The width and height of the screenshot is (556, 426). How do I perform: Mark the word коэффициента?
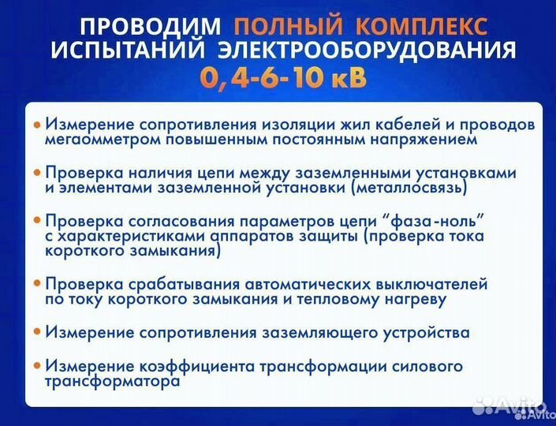tap(186, 366)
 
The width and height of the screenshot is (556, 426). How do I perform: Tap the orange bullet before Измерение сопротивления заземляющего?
tap(36, 332)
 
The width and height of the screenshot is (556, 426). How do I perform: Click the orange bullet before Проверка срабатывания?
tap(36, 282)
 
